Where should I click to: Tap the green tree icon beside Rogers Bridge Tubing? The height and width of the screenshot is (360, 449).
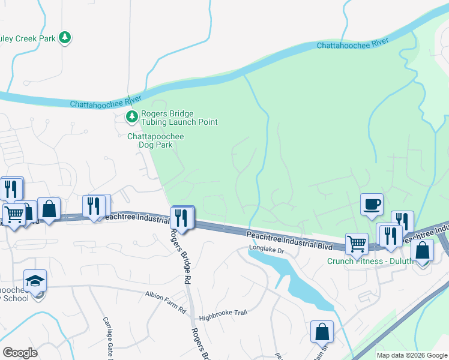(131, 117)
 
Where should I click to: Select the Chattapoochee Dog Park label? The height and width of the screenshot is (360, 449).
(155, 140)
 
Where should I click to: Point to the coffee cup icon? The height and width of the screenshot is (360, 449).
(372, 204)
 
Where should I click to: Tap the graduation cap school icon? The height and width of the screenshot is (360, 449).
(35, 280)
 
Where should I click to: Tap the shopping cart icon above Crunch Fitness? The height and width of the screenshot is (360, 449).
(357, 244)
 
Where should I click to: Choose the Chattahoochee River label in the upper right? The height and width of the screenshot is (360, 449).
(352, 44)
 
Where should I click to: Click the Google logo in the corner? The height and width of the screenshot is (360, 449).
(20, 352)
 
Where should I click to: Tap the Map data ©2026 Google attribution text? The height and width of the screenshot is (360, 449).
(411, 355)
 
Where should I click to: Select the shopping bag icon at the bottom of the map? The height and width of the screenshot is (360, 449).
(322, 331)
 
